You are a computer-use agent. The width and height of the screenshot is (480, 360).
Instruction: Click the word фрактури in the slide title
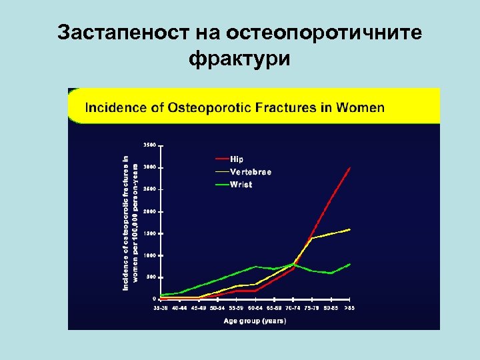(x=240, y=59)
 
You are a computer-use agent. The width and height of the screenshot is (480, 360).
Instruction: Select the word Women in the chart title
(x=361, y=107)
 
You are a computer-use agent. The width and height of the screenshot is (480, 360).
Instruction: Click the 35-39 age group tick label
(x=161, y=308)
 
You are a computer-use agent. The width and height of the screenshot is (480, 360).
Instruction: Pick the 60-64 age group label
(x=255, y=308)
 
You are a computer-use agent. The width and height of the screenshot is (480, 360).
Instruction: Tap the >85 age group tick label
(x=349, y=308)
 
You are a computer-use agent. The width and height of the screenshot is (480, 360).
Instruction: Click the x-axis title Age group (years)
(x=255, y=321)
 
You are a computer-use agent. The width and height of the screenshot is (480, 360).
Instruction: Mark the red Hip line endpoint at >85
(x=349, y=168)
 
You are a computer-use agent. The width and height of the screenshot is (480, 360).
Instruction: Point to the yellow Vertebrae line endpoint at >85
(x=349, y=229)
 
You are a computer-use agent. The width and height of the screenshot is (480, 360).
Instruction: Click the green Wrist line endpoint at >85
(x=349, y=265)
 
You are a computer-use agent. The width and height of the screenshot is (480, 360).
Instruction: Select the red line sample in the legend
(x=221, y=159)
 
